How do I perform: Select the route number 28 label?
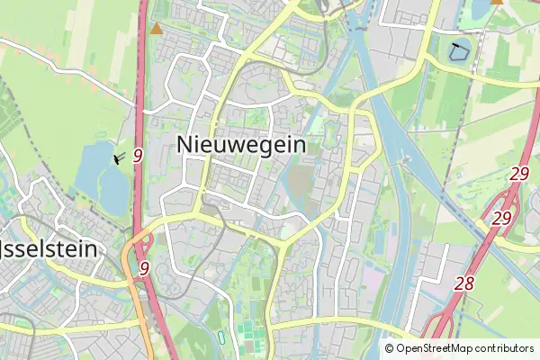click(x=464, y=283)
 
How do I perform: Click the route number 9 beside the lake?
click(x=138, y=156)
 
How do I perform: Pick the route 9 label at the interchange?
click(x=144, y=268)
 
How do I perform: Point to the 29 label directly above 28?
click(x=501, y=219)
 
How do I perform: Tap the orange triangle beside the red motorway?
click(x=157, y=29)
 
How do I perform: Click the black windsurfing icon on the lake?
click(x=118, y=159)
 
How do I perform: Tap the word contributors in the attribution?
click(x=505, y=348)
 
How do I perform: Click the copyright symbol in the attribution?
click(x=390, y=348)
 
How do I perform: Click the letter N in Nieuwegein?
click(x=185, y=145)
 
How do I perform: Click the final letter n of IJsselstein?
click(x=90, y=248)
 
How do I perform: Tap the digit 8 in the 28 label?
click(x=469, y=283)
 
